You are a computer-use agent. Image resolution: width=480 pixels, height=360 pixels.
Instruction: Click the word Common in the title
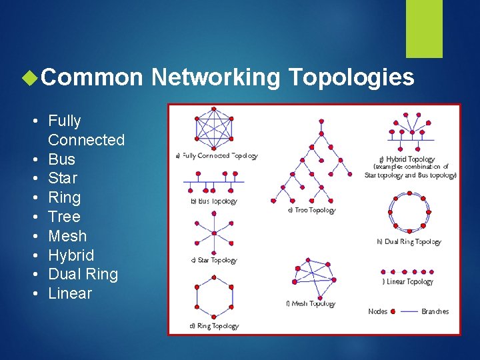click(92, 78)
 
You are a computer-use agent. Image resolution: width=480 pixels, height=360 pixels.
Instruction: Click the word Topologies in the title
click(351, 78)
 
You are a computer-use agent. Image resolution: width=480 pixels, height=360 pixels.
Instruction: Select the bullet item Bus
click(62, 159)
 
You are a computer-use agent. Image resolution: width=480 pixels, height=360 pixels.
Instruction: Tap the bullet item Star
click(63, 179)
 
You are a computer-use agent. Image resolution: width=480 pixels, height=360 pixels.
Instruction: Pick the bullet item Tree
click(64, 217)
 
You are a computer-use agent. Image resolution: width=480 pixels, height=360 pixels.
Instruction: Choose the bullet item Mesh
click(67, 236)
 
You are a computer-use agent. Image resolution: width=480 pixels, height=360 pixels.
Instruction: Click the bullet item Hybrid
click(71, 255)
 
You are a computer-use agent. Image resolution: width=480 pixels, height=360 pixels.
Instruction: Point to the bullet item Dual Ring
click(83, 275)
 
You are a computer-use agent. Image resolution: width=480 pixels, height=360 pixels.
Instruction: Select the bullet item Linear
click(70, 293)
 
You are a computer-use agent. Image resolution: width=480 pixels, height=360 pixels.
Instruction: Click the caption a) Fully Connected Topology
click(216, 156)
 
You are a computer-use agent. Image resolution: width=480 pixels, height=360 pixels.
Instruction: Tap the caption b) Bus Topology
click(213, 201)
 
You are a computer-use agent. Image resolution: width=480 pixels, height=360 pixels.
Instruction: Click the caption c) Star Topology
click(213, 260)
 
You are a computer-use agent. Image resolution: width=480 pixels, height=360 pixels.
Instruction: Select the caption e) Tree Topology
click(311, 210)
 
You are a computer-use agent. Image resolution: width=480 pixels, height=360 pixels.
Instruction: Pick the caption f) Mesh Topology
click(311, 304)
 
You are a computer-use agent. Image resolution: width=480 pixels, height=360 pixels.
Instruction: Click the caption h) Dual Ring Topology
click(409, 242)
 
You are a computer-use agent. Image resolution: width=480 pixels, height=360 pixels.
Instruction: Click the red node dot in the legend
click(393, 311)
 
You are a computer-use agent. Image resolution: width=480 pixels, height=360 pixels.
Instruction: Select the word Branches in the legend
click(435, 311)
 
